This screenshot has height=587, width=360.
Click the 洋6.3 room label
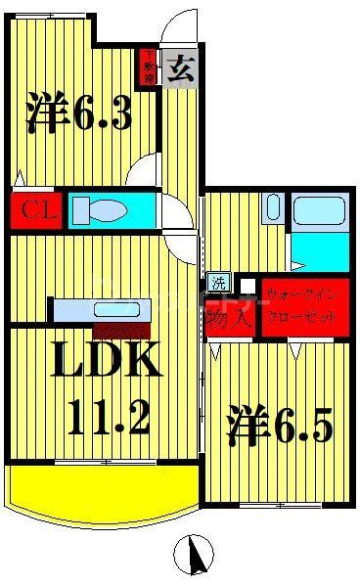[78, 114]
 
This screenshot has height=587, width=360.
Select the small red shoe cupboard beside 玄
[150, 68]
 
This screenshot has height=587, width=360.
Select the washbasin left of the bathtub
[274, 209]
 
